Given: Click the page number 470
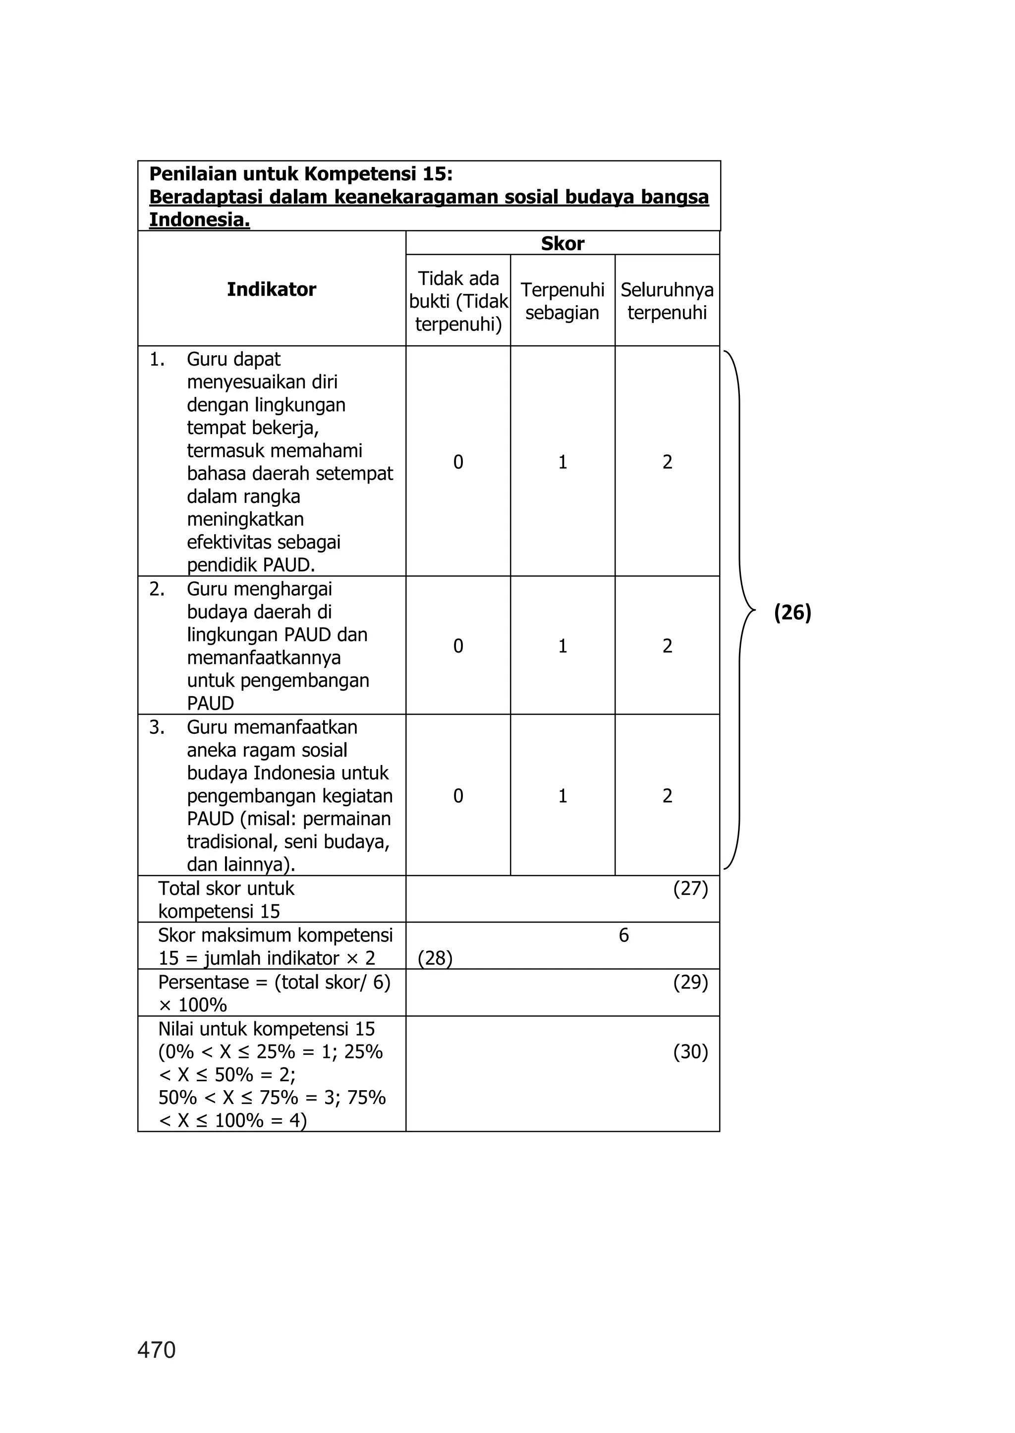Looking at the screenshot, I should [156, 1350].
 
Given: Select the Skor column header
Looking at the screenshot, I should [563, 243].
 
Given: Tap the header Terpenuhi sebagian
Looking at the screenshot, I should [563, 301].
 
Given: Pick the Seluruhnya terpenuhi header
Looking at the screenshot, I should [667, 301].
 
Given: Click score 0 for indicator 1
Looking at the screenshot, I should [458, 462].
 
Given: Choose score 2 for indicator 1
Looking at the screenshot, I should [668, 462].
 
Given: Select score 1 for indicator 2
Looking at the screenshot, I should [563, 646].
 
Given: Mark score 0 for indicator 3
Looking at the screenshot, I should [458, 796].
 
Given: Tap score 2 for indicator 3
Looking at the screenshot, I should [668, 796].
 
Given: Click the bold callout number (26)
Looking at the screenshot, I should [792, 612].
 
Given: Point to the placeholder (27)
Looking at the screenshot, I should [690, 888].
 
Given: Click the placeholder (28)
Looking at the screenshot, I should [435, 958].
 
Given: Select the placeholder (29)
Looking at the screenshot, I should [690, 982].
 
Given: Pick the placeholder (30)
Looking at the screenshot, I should [690, 1052].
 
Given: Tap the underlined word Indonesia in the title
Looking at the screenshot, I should [199, 220].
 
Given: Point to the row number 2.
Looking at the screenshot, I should [156, 589].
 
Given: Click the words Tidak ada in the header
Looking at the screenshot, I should [458, 278].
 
